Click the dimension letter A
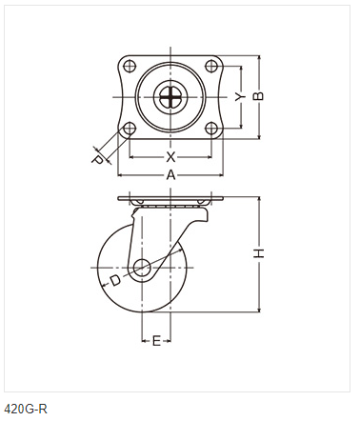click(x=170, y=175)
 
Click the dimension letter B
click(x=258, y=96)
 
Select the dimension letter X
click(x=170, y=156)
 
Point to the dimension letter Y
click(x=240, y=97)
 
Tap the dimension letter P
click(x=97, y=160)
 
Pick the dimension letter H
click(x=259, y=253)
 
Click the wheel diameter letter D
click(x=115, y=280)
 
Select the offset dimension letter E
click(x=156, y=341)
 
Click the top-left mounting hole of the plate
click(x=130, y=67)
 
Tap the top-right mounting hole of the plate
click(x=211, y=67)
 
